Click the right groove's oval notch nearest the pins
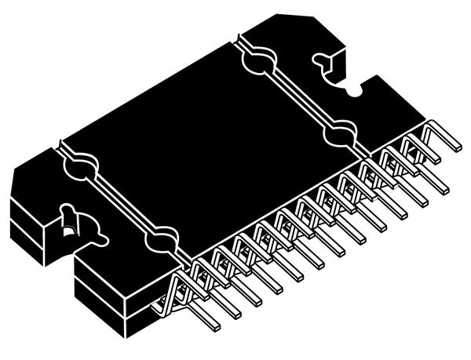(339, 134)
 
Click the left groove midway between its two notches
(120, 200)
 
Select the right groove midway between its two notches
(298, 97)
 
